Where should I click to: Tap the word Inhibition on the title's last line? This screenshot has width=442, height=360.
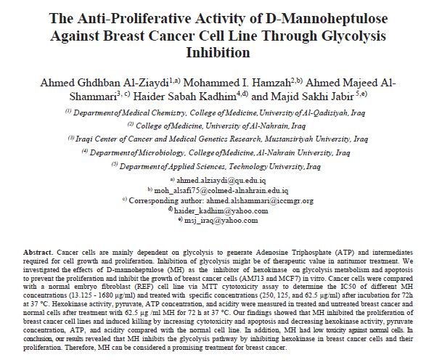pos(221,53)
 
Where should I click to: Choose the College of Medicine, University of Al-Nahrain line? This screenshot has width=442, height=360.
pos(221,124)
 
